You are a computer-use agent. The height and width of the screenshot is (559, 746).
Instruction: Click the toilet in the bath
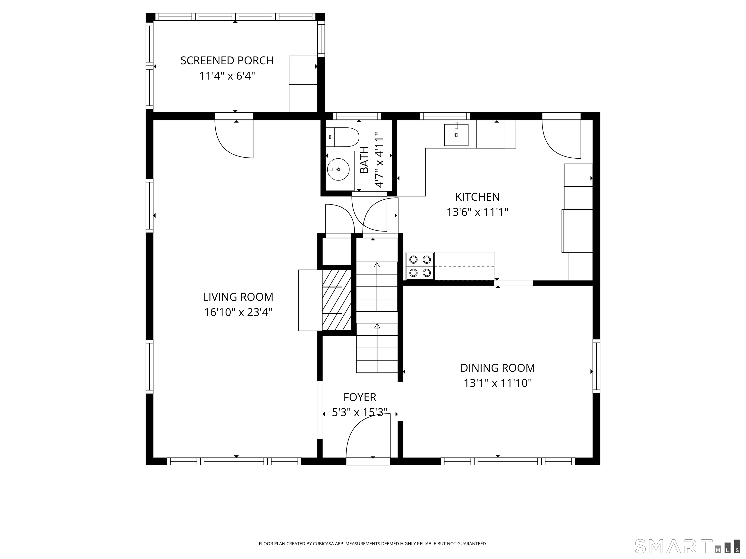pyautogui.click(x=342, y=137)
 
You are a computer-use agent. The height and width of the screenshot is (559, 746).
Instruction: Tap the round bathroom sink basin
pyautogui.click(x=338, y=170)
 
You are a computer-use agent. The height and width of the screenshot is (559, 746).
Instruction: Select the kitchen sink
pyautogui.click(x=456, y=135)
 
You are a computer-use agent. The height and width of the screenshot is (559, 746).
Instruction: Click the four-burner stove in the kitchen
pyautogui.click(x=420, y=266)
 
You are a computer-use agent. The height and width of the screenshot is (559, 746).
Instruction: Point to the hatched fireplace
pyautogui.click(x=337, y=300)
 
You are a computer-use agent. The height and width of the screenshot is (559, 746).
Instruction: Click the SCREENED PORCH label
pyautogui.click(x=227, y=61)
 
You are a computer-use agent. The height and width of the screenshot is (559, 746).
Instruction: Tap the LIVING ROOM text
pyautogui.click(x=238, y=297)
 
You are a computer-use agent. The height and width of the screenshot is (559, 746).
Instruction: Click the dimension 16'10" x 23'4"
pyautogui.click(x=238, y=312)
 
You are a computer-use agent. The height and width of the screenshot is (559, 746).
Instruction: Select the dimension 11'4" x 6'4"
pyautogui.click(x=227, y=76)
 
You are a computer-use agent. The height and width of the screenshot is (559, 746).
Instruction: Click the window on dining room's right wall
pyautogui.click(x=596, y=366)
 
